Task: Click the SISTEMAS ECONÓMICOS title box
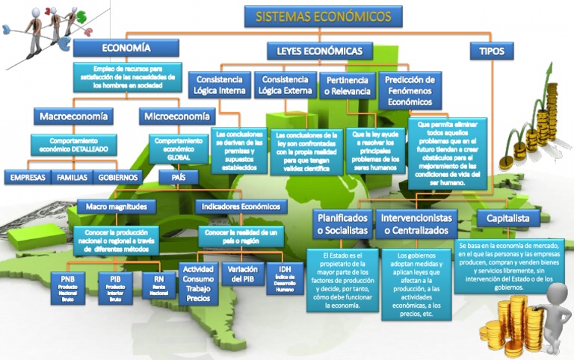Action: tap(324, 16)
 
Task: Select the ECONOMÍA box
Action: tap(126, 48)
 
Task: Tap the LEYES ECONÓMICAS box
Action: tap(319, 51)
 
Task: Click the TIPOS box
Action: tap(491, 51)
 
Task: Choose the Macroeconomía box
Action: tap(73, 116)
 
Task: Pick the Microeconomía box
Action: tap(177, 116)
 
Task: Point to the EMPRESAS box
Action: tap(28, 178)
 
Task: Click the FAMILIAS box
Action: tap(72, 178)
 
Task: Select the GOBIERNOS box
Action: tap(118, 178)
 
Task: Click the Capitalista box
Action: tap(507, 218)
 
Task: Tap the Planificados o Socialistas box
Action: tap(342, 224)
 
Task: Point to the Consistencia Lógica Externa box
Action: tap(285, 85)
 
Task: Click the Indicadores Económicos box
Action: tap(240, 206)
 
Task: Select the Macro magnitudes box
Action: tap(111, 206)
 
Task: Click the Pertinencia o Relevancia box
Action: tap(348, 85)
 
